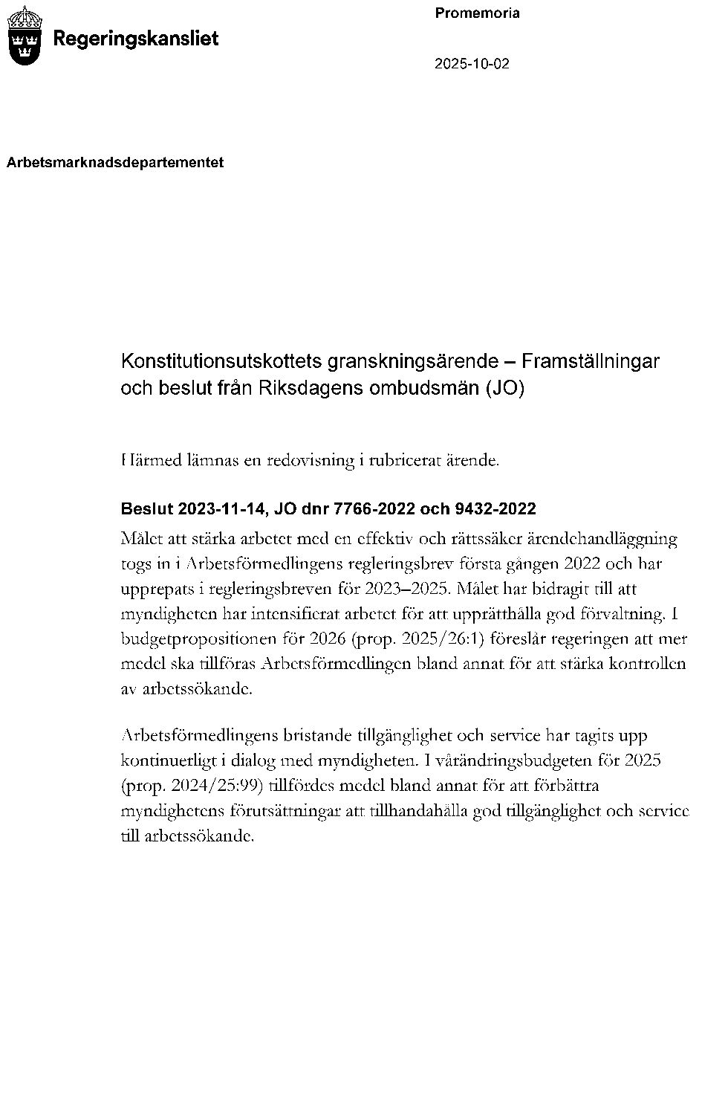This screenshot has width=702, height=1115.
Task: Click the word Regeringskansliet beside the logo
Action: click(136, 39)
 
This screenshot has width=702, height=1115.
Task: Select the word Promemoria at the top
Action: click(477, 13)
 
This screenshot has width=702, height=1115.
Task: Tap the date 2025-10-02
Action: click(472, 64)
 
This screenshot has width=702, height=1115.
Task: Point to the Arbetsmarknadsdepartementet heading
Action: click(115, 162)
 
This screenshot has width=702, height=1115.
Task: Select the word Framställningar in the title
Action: click(591, 362)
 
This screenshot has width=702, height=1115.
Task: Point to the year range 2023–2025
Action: click(407, 588)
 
